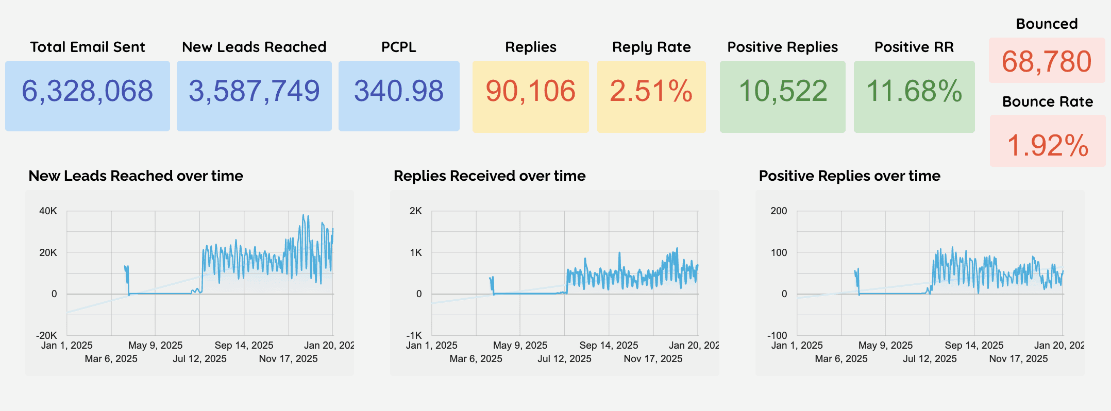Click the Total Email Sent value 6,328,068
coord(87,91)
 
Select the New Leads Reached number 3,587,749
coord(254,91)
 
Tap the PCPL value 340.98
coord(398,91)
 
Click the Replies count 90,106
coord(530,91)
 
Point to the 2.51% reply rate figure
coord(651,91)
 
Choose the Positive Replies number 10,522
coord(783,91)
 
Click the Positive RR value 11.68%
coord(914,91)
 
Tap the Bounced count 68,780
coord(1047,61)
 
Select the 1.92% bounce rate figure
coord(1048,145)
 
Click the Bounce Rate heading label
coord(1048,101)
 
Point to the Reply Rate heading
coord(651,47)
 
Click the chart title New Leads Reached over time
coord(136,176)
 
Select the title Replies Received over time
coord(490,176)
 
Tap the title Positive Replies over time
coord(849,176)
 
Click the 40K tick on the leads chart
coord(48,211)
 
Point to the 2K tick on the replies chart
coord(415,211)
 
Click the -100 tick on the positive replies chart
coord(777,335)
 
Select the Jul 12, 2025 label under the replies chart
coord(564,358)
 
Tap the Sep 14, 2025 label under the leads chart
coord(244,345)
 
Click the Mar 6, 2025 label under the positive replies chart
coord(841,358)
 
